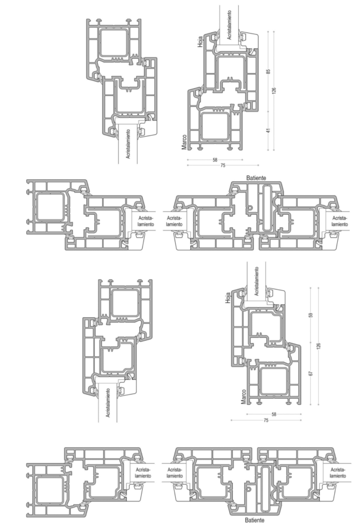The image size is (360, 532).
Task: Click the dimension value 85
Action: click(x=268, y=71)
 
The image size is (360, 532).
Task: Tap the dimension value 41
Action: click(x=268, y=130)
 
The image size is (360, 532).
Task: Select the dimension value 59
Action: click(x=311, y=315)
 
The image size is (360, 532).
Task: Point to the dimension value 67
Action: click(x=311, y=374)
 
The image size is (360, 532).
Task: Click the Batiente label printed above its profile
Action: click(x=256, y=178)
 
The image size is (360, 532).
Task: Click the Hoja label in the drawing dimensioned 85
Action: click(x=200, y=41)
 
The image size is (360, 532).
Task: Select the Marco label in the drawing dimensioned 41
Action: click(x=184, y=142)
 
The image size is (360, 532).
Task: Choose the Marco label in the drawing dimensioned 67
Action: click(x=243, y=396)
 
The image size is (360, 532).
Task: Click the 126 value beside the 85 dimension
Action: click(x=274, y=91)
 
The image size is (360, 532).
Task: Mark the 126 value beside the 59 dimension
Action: click(x=318, y=345)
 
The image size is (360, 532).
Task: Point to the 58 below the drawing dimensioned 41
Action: click(x=215, y=160)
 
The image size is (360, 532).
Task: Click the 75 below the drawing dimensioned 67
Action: click(x=266, y=420)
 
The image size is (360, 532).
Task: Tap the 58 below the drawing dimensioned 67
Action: click(x=274, y=414)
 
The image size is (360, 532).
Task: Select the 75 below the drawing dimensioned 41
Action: click(x=223, y=166)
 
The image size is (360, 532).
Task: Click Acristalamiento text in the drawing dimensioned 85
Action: click(x=229, y=25)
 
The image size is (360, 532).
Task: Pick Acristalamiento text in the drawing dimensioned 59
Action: click(x=257, y=281)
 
